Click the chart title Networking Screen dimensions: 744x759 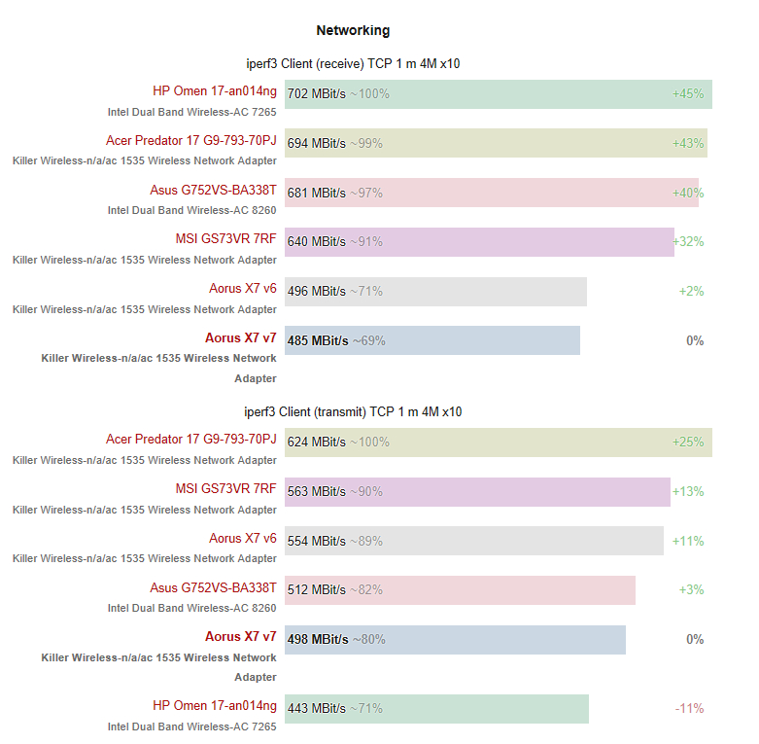pyautogui.click(x=353, y=31)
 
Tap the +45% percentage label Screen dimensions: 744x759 pyautogui.click(x=687, y=94)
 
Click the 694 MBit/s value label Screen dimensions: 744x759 pyautogui.click(x=316, y=143)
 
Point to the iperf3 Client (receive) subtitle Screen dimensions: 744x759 pyautogui.click(x=353, y=64)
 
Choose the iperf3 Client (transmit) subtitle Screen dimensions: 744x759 pyautogui.click(x=353, y=412)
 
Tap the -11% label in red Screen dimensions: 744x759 pyautogui.click(x=689, y=709)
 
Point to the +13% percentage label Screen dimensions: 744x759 pyautogui.click(x=687, y=492)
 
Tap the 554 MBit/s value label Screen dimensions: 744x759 pyautogui.click(x=316, y=542)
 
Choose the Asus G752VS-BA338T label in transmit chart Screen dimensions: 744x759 pyautogui.click(x=213, y=588)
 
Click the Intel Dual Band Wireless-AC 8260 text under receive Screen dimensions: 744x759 pyautogui.click(x=191, y=210)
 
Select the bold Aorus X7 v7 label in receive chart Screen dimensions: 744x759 pyautogui.click(x=240, y=338)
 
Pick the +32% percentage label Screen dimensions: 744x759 pyautogui.click(x=687, y=242)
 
